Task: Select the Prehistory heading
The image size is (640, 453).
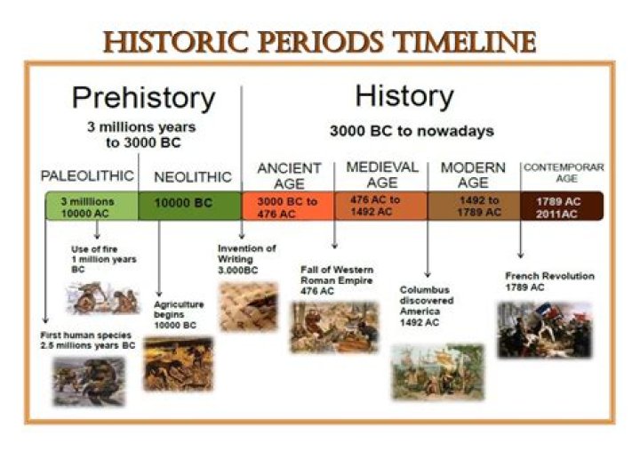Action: point(143,97)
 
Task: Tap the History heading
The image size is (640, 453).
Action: point(404,95)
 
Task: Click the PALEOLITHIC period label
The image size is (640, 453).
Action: point(87,174)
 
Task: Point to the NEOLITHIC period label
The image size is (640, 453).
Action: point(192,177)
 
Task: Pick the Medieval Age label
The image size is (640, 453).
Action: point(381,174)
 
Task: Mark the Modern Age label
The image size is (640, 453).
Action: point(473,174)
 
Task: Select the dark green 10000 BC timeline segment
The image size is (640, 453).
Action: point(189,204)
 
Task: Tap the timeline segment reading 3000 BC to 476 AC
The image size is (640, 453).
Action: point(287,207)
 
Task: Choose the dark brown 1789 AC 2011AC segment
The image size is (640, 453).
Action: point(561,207)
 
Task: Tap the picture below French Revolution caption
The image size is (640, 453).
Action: point(544,328)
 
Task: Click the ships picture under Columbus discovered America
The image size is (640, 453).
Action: point(436,370)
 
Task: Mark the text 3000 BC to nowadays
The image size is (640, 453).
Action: point(412,131)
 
